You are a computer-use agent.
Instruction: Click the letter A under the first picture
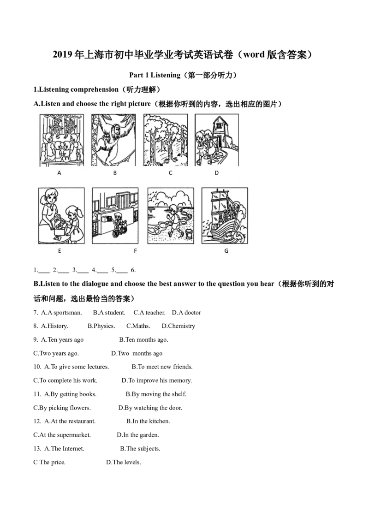click(x=59, y=173)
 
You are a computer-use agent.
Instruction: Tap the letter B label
click(x=115, y=173)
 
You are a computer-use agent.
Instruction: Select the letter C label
click(x=170, y=173)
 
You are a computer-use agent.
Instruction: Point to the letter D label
click(x=216, y=173)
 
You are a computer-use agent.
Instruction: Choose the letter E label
click(x=60, y=251)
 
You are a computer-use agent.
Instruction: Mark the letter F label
click(x=135, y=251)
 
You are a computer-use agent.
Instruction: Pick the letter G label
click(x=226, y=251)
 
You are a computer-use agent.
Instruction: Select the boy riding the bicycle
click(x=119, y=221)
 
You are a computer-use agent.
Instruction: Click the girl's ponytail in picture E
click(x=82, y=214)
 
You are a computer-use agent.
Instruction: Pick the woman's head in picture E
click(x=50, y=198)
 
